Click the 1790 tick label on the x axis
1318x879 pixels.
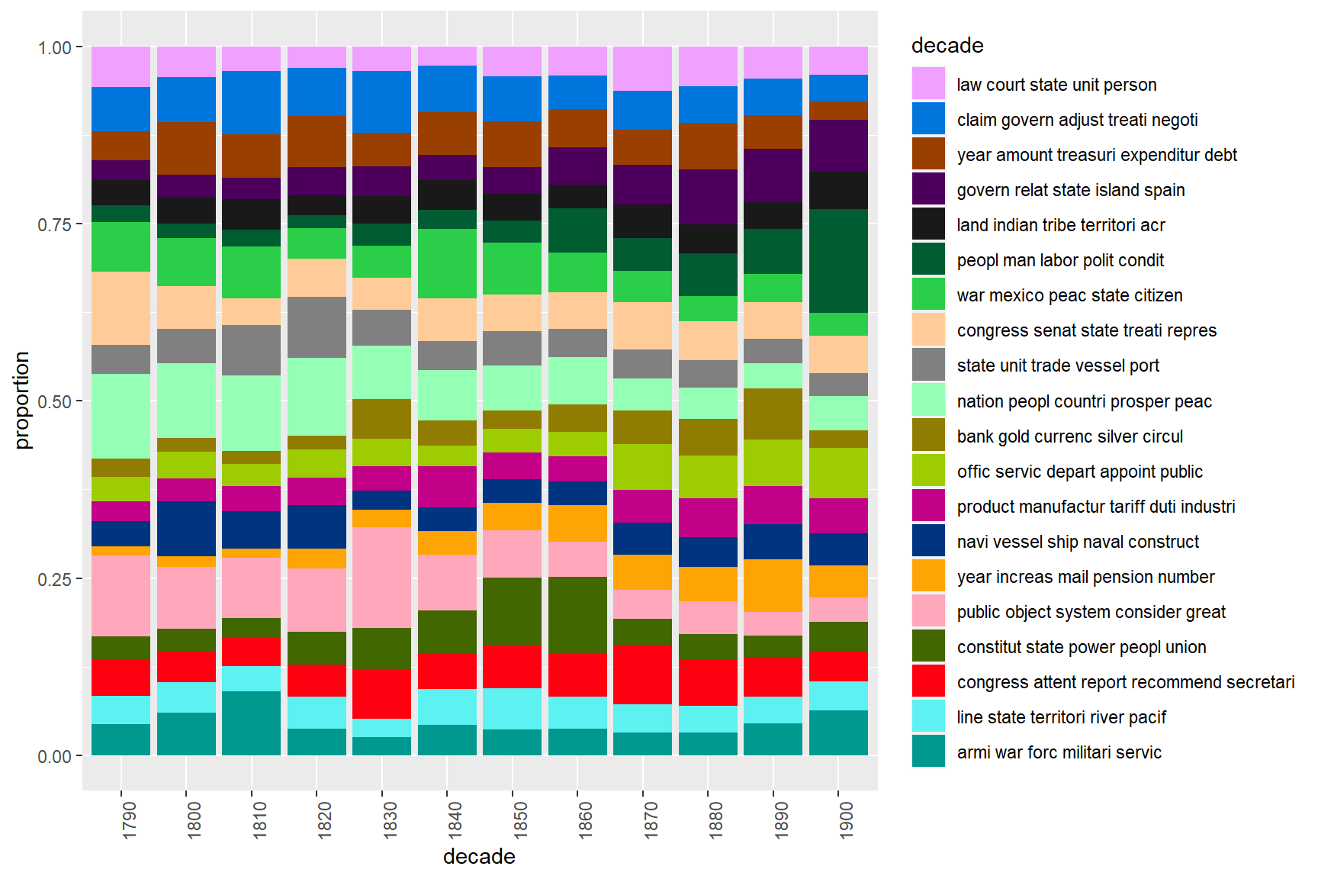[x=129, y=819]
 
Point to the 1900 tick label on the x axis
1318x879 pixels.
[x=846, y=819]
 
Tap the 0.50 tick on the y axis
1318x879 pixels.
[x=54, y=401]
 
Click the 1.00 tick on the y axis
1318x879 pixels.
[x=54, y=47]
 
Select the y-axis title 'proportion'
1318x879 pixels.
[x=22, y=401]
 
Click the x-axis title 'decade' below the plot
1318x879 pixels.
[x=479, y=856]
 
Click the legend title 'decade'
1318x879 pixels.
[x=947, y=46]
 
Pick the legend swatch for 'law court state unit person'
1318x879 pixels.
[x=928, y=84]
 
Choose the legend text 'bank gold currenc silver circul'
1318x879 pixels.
[x=1069, y=436]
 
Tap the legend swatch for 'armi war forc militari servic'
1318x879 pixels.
[x=928, y=752]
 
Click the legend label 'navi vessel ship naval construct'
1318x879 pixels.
[x=1078, y=542]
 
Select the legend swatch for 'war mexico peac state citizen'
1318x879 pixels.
[x=928, y=295]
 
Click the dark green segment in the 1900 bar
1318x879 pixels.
[x=838, y=261]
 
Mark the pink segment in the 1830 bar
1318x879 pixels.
[x=381, y=578]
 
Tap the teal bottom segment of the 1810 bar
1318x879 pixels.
[x=251, y=723]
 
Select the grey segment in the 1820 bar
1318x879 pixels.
[x=317, y=327]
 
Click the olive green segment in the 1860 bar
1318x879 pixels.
[x=577, y=615]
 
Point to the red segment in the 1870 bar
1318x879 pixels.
[x=642, y=675]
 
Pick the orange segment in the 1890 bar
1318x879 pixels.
[x=773, y=585]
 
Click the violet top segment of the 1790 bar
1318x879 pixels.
[x=121, y=66]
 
